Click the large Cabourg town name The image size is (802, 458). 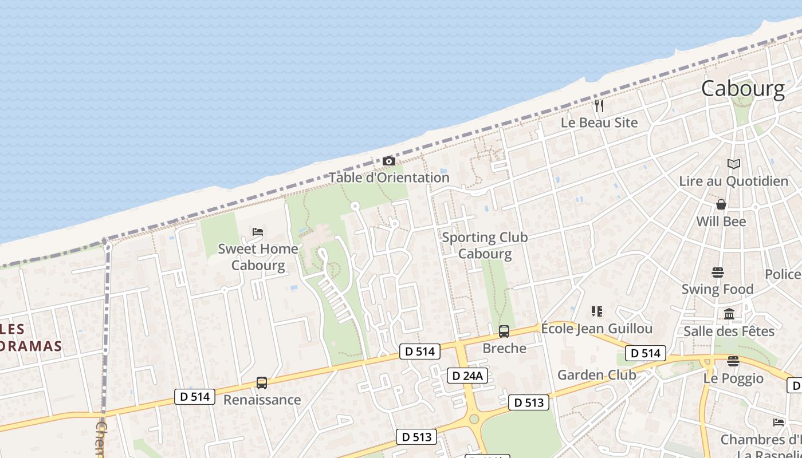coord(742,89)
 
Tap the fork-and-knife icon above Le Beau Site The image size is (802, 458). coord(599,106)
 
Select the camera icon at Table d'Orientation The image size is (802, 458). coord(389,161)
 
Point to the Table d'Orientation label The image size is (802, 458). coord(389,177)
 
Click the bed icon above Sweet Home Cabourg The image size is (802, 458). coord(258,232)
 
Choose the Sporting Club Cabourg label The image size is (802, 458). coord(485,245)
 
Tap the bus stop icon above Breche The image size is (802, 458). coord(504,331)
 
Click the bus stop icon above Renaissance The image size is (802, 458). coord(262,383)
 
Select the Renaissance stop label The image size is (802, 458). coord(262,400)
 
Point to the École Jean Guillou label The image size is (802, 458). coord(596,329)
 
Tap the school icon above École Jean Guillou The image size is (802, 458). coord(597,311)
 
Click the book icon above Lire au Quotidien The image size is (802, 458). coord(734,164)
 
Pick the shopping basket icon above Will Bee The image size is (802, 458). coord(721,204)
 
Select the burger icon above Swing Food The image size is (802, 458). coord(718,273)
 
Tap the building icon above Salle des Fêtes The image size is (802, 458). coord(729,314)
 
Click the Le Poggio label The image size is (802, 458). coord(733,378)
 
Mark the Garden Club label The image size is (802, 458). coord(596,375)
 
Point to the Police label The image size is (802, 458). coord(783,274)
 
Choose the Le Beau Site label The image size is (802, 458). coord(599,123)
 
